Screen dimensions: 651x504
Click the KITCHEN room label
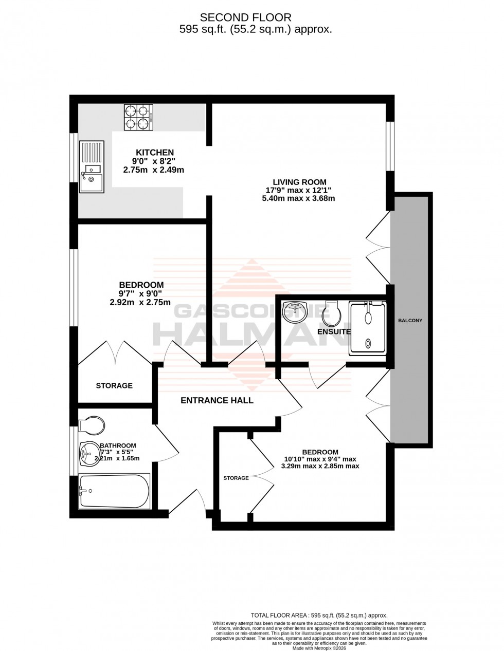(154, 152)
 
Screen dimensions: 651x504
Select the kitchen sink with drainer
(92, 167)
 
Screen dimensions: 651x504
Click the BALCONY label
(410, 321)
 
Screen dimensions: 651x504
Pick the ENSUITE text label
(334, 332)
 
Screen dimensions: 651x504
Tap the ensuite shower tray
(367, 328)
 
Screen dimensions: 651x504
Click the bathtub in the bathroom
(114, 491)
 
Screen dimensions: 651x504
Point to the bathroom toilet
(92, 425)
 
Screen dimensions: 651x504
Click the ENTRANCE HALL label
(217, 400)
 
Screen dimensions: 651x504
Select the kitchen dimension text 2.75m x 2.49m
(153, 170)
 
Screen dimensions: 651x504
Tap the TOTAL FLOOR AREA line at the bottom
(318, 615)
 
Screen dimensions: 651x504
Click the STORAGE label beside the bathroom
(114, 385)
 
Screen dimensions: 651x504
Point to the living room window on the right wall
(390, 146)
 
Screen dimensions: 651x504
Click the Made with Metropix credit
(318, 647)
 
